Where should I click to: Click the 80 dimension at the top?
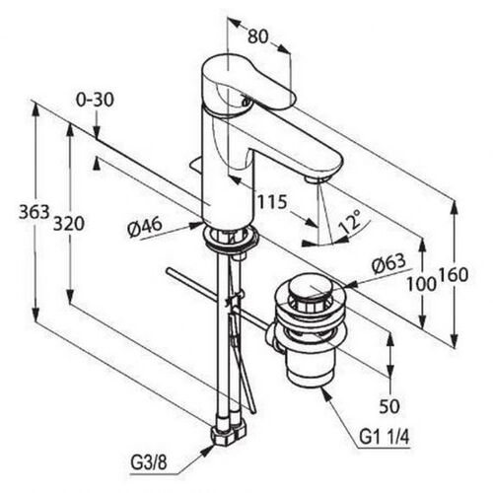coord(258,36)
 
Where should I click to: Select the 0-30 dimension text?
coord(95,100)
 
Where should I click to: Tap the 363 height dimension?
coord(34,212)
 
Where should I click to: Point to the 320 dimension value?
coord(69,224)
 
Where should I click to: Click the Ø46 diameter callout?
coord(145,227)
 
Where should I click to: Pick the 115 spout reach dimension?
coord(271,202)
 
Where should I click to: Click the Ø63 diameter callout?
coord(389,263)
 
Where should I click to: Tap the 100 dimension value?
coord(421,284)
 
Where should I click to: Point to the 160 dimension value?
coord(453,275)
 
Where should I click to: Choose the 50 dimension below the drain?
coord(389,406)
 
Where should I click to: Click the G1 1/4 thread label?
coord(385,438)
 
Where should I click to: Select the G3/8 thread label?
coord(149,463)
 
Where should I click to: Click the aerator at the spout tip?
coord(317,178)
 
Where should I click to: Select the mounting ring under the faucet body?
coord(230,237)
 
